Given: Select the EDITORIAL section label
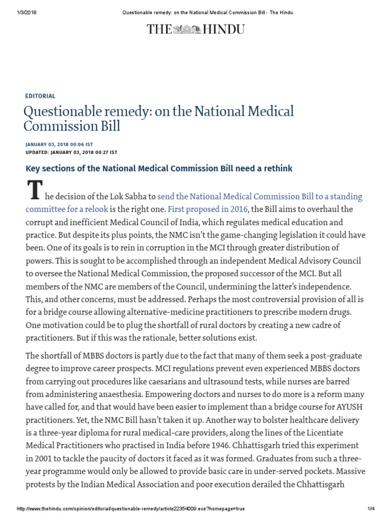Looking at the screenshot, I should [40, 96].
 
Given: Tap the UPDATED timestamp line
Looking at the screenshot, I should [71, 152].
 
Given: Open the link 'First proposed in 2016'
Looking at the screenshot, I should [208, 209].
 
